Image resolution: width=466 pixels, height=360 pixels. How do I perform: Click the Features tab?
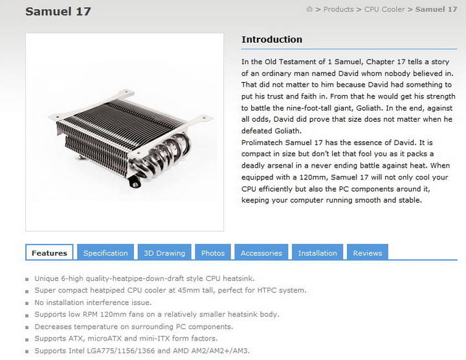tap(49, 253)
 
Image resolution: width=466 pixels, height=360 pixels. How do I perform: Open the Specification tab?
tap(105, 253)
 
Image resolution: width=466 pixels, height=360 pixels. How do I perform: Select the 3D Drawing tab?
tap(164, 253)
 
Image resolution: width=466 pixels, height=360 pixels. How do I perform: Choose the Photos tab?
tap(213, 253)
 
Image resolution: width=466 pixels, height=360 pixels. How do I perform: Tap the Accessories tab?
tap(261, 253)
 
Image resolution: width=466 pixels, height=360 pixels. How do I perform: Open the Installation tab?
tap(317, 253)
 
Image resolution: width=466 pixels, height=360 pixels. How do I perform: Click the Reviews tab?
tap(368, 253)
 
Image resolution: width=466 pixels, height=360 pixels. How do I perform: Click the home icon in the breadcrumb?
tap(309, 9)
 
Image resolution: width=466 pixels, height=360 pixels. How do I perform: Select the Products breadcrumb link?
tap(338, 10)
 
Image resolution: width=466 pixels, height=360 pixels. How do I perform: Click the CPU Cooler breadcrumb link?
tap(384, 10)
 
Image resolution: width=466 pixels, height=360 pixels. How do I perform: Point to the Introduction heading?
tap(272, 39)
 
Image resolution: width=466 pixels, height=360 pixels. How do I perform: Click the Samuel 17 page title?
tap(58, 12)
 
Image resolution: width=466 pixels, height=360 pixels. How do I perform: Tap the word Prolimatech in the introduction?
tap(262, 142)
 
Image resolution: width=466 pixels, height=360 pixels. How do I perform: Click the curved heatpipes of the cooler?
tap(162, 156)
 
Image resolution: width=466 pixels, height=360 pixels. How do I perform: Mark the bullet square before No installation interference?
tap(27, 304)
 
